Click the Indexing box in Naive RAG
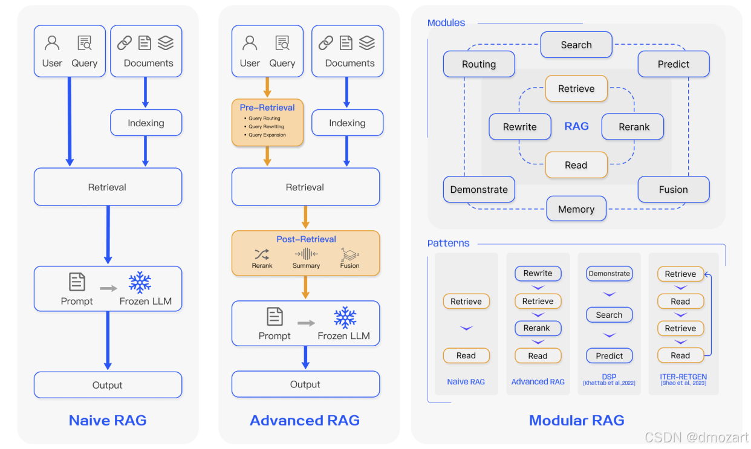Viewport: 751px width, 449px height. click(146, 123)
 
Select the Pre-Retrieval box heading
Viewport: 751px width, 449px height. click(267, 108)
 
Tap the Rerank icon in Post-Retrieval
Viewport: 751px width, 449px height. click(262, 254)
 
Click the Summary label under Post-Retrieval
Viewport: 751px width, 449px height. click(306, 266)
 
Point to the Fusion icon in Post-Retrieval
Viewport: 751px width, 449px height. click(349, 254)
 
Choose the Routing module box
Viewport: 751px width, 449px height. click(479, 64)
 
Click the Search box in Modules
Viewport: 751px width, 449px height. click(576, 45)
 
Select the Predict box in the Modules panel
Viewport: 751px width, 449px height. click(673, 64)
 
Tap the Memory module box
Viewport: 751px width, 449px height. click(576, 209)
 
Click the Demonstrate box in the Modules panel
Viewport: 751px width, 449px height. click(479, 189)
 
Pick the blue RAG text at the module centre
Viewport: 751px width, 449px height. click(576, 126)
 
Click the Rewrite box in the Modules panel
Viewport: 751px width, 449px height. click(519, 127)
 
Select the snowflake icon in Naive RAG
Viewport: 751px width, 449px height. click(140, 282)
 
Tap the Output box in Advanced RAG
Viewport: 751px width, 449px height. click(305, 384)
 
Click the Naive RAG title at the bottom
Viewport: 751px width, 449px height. click(108, 421)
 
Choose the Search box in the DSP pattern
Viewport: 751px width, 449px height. click(609, 315)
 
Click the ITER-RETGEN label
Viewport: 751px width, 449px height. click(683, 376)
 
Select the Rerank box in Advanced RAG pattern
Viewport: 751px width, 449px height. click(537, 328)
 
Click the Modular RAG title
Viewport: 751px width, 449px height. click(576, 421)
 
